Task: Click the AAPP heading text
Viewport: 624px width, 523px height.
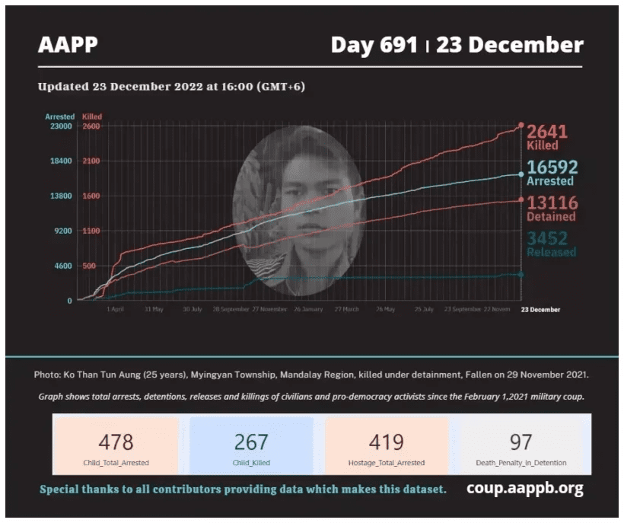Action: click(68, 45)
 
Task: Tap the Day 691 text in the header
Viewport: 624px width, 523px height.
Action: click(374, 45)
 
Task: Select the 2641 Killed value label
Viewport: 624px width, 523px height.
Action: click(547, 136)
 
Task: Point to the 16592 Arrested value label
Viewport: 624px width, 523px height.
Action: click(552, 173)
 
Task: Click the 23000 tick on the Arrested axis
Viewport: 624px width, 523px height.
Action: click(60, 126)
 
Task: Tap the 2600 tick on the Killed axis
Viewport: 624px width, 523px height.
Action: click(91, 126)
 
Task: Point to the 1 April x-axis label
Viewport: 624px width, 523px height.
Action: click(115, 310)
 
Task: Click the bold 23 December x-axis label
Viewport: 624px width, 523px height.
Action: click(540, 310)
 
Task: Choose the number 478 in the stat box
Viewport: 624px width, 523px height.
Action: click(116, 442)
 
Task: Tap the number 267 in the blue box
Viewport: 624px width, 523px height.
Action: click(251, 442)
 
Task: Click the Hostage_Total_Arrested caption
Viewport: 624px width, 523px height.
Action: click(386, 463)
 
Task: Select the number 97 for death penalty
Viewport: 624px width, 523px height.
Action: click(521, 442)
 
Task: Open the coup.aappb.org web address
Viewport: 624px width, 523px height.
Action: click(525, 489)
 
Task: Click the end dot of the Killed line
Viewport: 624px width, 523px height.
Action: click(521, 125)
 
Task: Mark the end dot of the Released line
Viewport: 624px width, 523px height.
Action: click(521, 274)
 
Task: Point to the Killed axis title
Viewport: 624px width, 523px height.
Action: click(92, 116)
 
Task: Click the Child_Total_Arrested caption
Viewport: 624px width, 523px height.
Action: click(116, 463)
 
